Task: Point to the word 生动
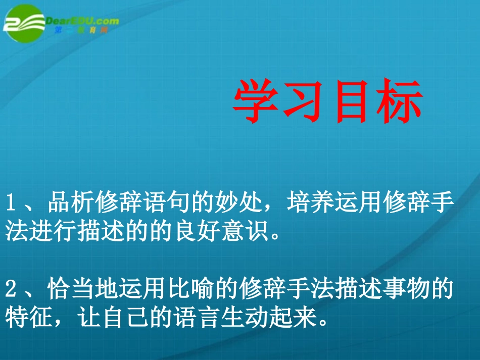click(249, 319)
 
